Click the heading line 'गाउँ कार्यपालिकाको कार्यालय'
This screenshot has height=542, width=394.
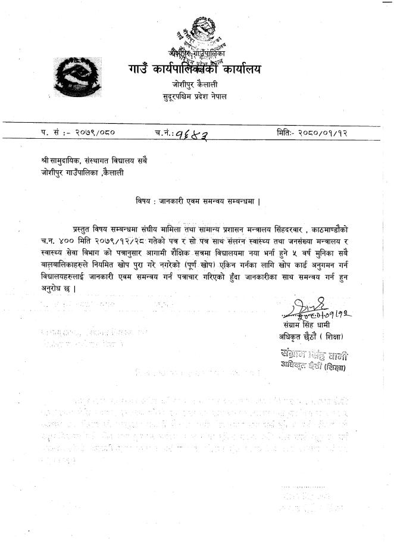pos(193,70)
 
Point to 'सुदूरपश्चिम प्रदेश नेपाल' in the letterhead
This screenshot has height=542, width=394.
pos(194,96)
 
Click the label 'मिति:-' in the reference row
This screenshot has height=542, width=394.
pos(287,132)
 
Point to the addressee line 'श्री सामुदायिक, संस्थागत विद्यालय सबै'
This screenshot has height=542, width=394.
pos(90,162)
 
